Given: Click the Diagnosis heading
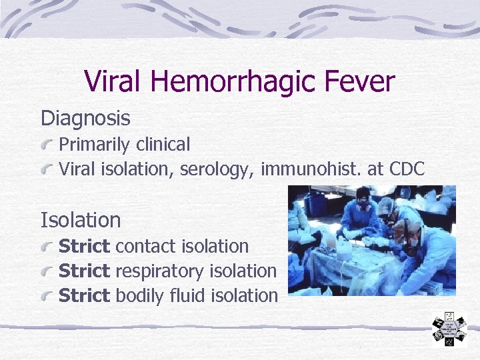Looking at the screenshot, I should click(85, 119).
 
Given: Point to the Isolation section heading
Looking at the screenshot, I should click(81, 219).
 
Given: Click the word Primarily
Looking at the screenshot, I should click(95, 145).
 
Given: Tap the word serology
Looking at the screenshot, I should click(218, 170).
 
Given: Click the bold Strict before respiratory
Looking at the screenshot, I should click(84, 271).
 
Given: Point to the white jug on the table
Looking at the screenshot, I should click(344, 249).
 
